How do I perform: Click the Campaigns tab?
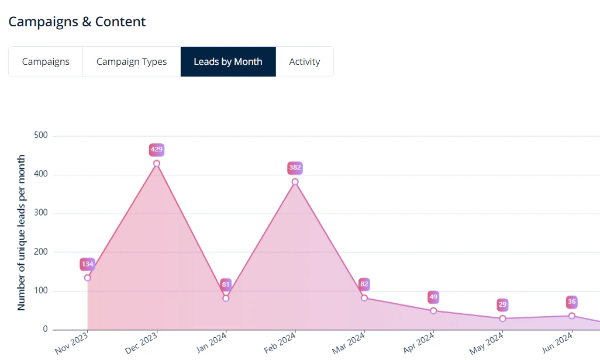coord(46,62)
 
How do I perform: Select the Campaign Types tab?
coord(132,62)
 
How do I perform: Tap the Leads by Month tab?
coord(228,62)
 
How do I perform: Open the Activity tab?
coord(305,62)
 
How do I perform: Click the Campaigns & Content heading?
coord(77,22)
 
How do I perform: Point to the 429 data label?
coord(157,150)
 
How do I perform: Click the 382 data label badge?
coord(295,168)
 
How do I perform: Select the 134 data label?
coord(88,265)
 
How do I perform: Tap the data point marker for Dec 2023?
coord(157,164)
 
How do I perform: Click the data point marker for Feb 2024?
coord(295,182)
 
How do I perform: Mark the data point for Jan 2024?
coord(226,298)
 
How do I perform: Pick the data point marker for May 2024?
coord(502,319)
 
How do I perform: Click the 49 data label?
coord(433,297)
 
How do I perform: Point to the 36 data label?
coord(572,302)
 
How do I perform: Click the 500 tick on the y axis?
coord(41,136)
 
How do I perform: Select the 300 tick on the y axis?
coord(41,213)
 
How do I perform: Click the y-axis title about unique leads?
coord(22,233)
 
